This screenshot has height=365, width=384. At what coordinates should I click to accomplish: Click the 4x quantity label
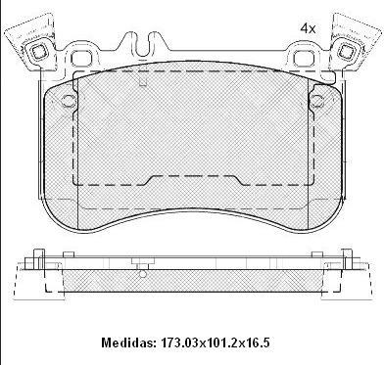pos(308,28)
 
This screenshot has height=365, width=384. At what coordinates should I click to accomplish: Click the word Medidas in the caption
pos(127,342)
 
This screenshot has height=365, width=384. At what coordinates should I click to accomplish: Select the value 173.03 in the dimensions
pos(179,342)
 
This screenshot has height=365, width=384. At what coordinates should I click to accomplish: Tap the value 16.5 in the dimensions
pos(257,342)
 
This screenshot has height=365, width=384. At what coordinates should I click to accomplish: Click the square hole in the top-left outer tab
pos(36,51)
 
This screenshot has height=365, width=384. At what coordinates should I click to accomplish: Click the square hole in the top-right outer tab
pos(346,51)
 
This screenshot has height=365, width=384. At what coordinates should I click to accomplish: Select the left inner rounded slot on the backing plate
pos(80,59)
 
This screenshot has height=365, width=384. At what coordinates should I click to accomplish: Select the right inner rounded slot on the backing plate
pos(303,59)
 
